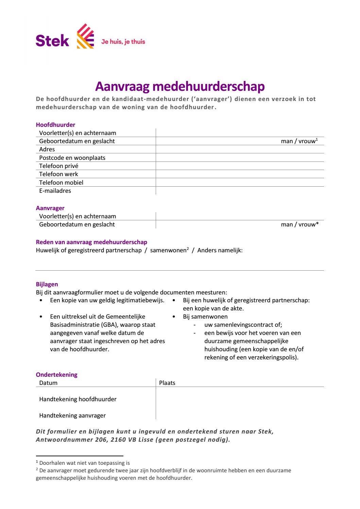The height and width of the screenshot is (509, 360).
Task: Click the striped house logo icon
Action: pos(85,36)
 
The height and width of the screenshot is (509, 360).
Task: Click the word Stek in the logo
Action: pos(52,41)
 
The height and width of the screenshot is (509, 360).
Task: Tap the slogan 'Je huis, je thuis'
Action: pos(123,42)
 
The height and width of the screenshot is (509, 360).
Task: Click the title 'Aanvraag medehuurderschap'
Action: pos(180,86)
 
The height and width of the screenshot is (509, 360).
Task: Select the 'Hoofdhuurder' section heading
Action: pos(55,125)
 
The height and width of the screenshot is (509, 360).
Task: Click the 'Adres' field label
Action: pos(47,149)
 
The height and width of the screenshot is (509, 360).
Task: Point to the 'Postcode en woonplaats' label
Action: pos(72,158)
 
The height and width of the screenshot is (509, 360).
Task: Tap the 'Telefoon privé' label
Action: pos(58,166)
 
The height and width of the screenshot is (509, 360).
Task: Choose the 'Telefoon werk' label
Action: pos(58,174)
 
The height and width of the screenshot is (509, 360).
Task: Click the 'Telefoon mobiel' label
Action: pos(61,183)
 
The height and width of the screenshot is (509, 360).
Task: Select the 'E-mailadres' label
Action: pos(55,191)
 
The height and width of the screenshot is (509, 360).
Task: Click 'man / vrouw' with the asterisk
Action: pos(299,224)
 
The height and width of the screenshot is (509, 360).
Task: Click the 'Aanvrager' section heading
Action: pos(50,208)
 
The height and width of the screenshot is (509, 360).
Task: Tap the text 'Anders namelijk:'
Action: pos(220,251)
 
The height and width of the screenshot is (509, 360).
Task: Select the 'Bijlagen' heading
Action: pos(47,284)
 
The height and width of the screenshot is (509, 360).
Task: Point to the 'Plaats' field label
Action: pos(167,383)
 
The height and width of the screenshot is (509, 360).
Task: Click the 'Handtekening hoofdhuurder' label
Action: pos(78,399)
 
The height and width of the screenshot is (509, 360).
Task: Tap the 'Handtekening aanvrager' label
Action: pos(72,415)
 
